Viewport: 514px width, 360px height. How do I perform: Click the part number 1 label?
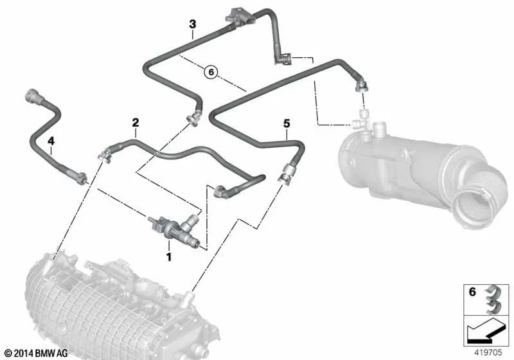point(169,256)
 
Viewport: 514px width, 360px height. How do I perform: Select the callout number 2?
point(136,122)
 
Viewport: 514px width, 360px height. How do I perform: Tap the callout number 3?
point(191,24)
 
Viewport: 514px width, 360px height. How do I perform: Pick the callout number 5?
point(287,121)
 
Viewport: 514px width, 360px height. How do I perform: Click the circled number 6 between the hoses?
point(211,73)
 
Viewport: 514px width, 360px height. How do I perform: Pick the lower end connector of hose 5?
point(284,175)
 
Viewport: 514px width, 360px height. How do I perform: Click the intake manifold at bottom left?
point(96,309)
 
